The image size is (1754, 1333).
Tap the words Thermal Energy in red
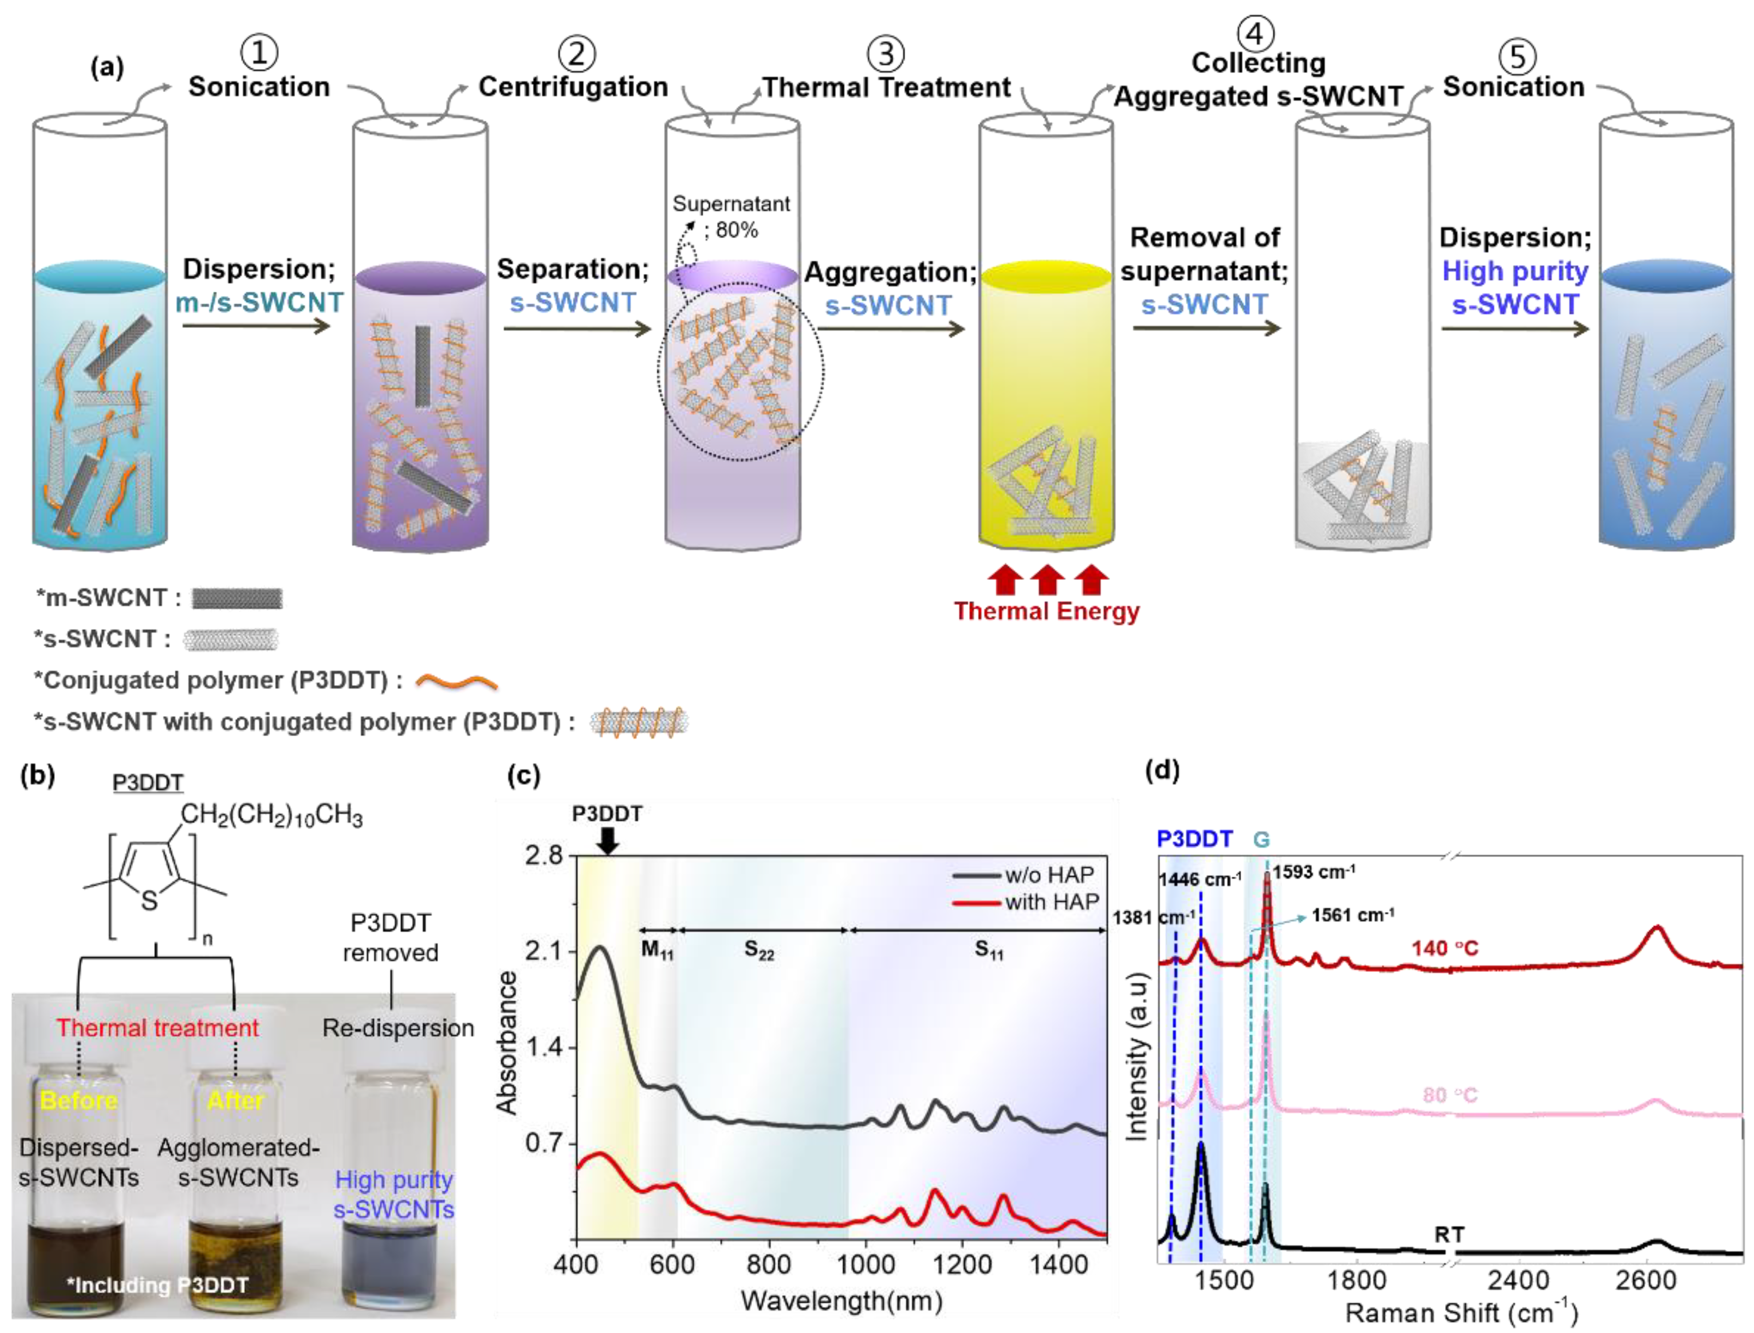tap(1046, 611)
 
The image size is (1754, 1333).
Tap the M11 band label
tap(657, 950)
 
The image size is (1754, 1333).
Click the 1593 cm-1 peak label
tap(1314, 872)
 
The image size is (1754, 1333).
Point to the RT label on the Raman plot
tap(1449, 1234)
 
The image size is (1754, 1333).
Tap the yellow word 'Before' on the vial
tap(78, 1100)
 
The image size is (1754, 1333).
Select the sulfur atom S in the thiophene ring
tap(149, 901)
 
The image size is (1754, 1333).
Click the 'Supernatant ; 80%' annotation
tap(731, 217)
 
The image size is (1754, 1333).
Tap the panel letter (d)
tap(1162, 769)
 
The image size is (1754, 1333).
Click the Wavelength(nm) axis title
tap(842, 1301)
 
